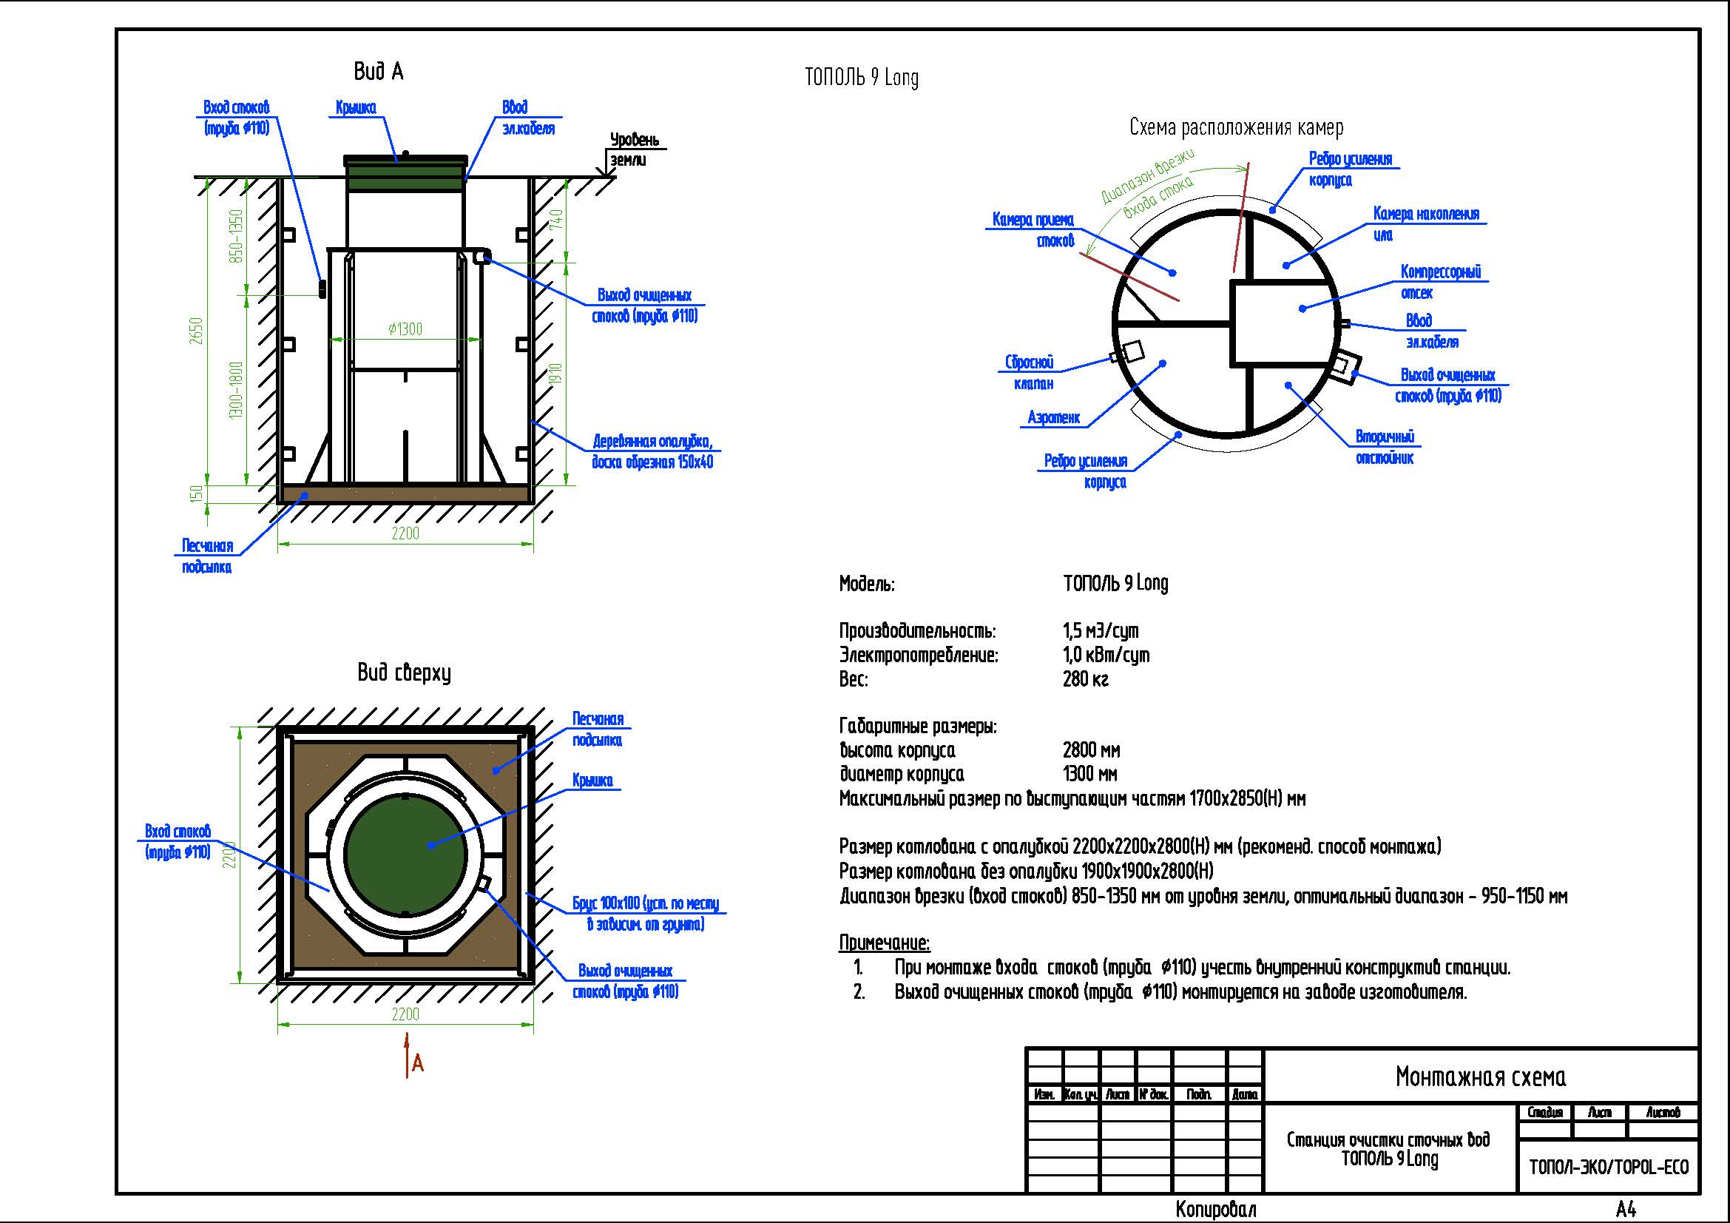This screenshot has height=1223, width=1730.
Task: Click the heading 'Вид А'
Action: (378, 72)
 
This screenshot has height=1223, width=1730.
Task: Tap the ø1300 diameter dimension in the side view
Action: (405, 329)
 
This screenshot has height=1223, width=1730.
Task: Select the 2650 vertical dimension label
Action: (197, 331)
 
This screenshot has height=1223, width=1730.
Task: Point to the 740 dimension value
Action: (557, 219)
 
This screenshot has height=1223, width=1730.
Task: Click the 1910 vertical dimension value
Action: (557, 374)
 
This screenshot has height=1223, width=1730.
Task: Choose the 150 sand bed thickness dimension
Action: (197, 494)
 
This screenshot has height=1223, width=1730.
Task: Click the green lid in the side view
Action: (405, 174)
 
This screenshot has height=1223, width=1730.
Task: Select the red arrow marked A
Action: (408, 1055)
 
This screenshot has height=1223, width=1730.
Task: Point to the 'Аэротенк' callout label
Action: (1053, 417)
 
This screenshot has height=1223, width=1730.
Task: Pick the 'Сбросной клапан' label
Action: (1030, 373)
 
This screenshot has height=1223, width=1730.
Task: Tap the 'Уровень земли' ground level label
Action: (634, 149)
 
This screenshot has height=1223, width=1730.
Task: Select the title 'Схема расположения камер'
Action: (1236, 127)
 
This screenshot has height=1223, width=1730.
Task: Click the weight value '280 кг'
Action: (1085, 679)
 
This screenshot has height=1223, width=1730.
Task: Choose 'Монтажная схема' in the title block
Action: (1480, 1077)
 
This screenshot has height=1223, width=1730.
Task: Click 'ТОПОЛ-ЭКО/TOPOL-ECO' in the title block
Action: (1609, 1168)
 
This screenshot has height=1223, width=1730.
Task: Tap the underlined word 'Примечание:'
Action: (884, 943)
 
